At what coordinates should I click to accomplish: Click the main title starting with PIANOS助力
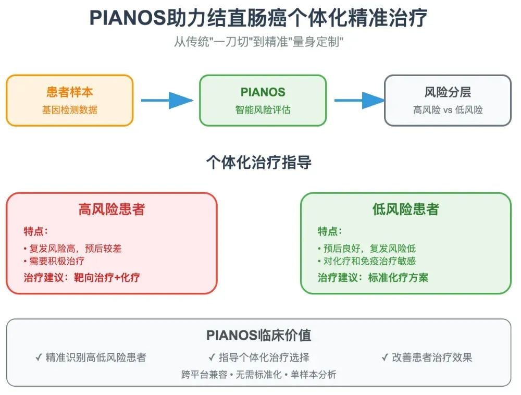pyautogui.click(x=258, y=18)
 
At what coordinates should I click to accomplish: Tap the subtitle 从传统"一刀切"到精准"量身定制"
pyautogui.click(x=258, y=42)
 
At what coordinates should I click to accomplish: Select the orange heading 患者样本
pyautogui.click(x=70, y=92)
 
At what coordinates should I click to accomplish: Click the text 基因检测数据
pyautogui.click(x=70, y=110)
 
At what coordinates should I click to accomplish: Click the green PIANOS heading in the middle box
pyautogui.click(x=263, y=92)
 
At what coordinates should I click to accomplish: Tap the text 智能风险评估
pyautogui.click(x=263, y=110)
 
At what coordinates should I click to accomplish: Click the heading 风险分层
pyautogui.click(x=448, y=92)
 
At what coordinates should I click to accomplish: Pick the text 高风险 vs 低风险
pyautogui.click(x=448, y=110)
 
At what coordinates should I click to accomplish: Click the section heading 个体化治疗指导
pyautogui.click(x=258, y=163)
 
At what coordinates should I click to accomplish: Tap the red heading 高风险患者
pyautogui.click(x=111, y=209)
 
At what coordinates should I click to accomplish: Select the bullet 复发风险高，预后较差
pyautogui.click(x=72, y=249)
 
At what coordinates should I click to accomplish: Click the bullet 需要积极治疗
pyautogui.click(x=54, y=261)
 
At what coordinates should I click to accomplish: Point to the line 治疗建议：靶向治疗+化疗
pyautogui.click(x=82, y=277)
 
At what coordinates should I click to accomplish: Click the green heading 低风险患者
pyautogui.click(x=406, y=209)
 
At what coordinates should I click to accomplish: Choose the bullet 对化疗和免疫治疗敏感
pyautogui.click(x=367, y=261)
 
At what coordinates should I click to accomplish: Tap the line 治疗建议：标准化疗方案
pyautogui.click(x=373, y=277)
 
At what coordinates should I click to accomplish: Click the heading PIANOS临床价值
pyautogui.click(x=258, y=335)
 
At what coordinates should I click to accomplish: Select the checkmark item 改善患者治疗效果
pyautogui.click(x=427, y=357)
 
